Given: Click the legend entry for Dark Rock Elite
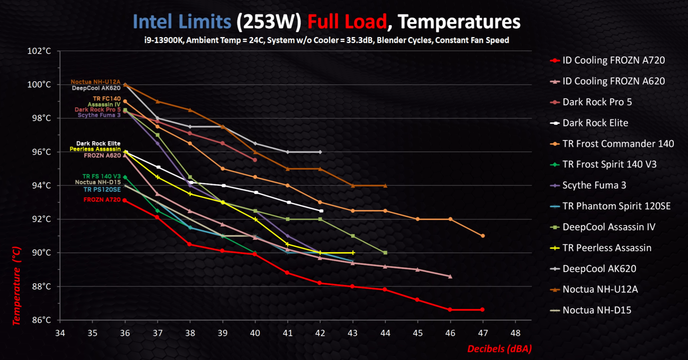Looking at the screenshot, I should (x=595, y=123).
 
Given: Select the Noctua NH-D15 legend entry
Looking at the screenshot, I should (x=596, y=310).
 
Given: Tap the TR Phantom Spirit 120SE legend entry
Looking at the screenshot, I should (x=616, y=206).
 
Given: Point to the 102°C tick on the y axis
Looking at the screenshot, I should (x=39, y=51).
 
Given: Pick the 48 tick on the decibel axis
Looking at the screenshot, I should (x=515, y=333).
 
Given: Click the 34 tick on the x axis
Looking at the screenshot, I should (x=60, y=333).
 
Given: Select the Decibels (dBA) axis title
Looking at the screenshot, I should (x=499, y=349).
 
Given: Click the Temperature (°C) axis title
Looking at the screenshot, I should (x=17, y=286).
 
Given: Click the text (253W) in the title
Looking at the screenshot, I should (x=269, y=22).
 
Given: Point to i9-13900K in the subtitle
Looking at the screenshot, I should (x=164, y=40).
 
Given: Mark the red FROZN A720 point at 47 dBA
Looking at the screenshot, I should (x=483, y=310).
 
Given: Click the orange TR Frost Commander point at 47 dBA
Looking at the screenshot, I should (x=483, y=236).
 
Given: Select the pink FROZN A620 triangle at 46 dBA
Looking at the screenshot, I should (x=450, y=276).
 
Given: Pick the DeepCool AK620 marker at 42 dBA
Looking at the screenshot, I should (x=320, y=152).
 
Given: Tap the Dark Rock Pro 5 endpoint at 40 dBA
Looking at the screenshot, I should (x=255, y=160).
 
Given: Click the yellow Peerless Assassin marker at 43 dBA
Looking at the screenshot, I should (x=353, y=253).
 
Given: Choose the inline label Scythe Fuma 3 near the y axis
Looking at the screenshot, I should (x=99, y=115).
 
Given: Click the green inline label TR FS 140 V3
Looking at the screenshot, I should (x=101, y=176).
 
